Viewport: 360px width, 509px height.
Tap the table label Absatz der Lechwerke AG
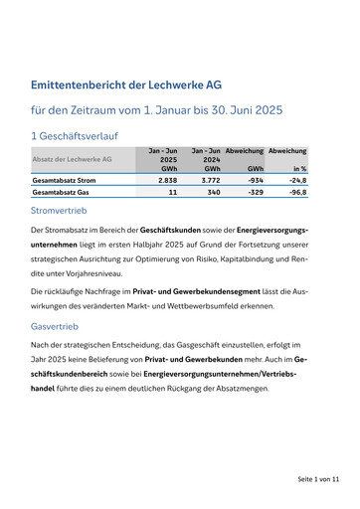[72, 159]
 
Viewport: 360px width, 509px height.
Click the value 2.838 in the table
[168, 181]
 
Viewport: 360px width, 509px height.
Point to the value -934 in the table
[253, 181]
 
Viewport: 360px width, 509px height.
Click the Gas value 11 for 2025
[172, 192]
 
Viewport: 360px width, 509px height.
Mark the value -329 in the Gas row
[253, 192]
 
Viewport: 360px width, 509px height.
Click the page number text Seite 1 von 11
[318, 478]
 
